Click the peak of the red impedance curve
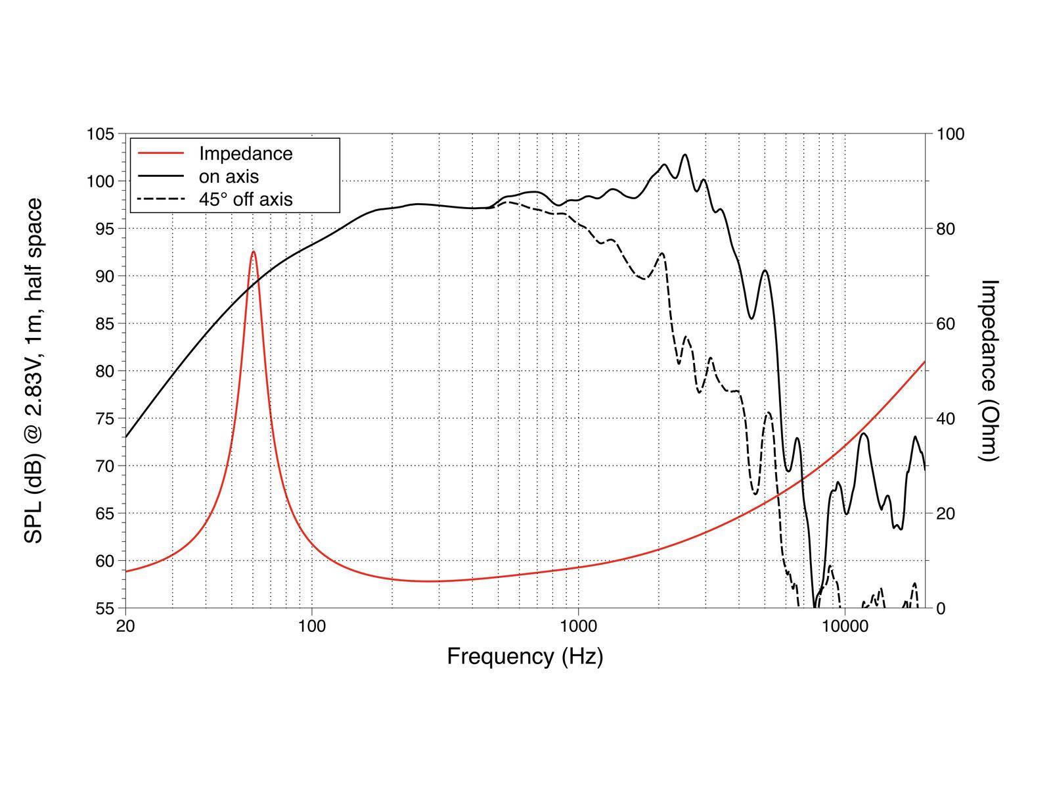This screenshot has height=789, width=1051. pyautogui.click(x=253, y=251)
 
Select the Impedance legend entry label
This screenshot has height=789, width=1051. pyautogui.click(x=246, y=153)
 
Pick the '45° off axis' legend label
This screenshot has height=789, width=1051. pyautogui.click(x=246, y=199)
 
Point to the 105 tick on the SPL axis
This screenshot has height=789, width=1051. pyautogui.click(x=101, y=134)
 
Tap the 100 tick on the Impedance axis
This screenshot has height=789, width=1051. pyautogui.click(x=950, y=134)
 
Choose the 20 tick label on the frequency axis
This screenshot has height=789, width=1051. pyautogui.click(x=125, y=626)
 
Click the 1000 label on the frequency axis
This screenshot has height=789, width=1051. pyautogui.click(x=578, y=626)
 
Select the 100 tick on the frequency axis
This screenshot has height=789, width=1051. pyautogui.click(x=311, y=626)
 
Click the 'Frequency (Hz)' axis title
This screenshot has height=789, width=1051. pyautogui.click(x=525, y=656)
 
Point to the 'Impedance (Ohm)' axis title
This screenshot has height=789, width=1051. pyautogui.click(x=989, y=370)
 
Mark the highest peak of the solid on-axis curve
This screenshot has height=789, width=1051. pyautogui.click(x=685, y=155)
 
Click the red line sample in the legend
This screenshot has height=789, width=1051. pyautogui.click(x=160, y=153)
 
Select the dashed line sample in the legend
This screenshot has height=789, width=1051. pyautogui.click(x=160, y=199)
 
